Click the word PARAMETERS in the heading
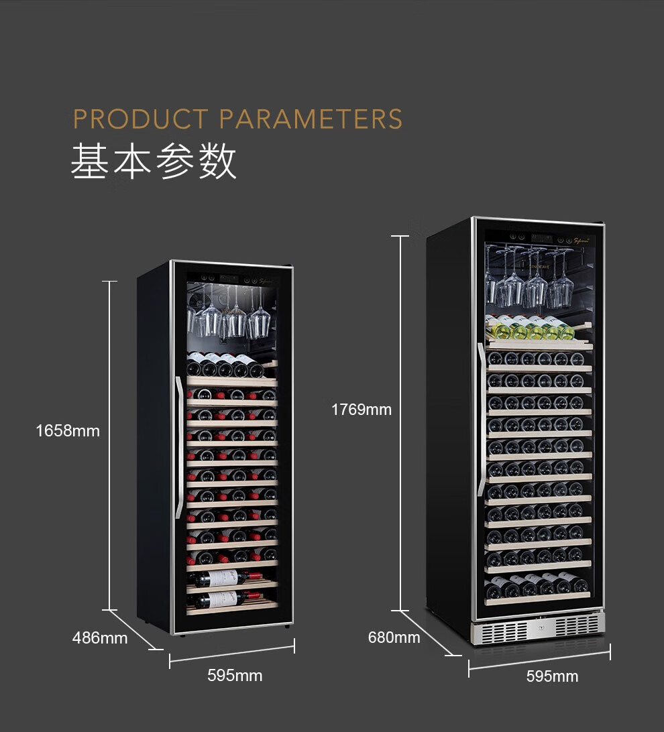click(x=311, y=119)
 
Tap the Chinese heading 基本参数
click(x=154, y=162)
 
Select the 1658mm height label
click(x=68, y=431)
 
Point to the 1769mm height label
click(x=362, y=410)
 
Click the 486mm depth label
click(x=100, y=638)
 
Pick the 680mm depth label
click(x=394, y=637)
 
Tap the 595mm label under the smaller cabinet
click(x=235, y=676)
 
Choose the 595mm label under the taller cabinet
click(x=552, y=676)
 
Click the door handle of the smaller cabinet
click(x=178, y=447)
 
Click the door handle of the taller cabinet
click(x=481, y=420)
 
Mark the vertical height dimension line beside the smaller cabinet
click(x=109, y=446)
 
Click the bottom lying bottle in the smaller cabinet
click(x=225, y=599)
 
